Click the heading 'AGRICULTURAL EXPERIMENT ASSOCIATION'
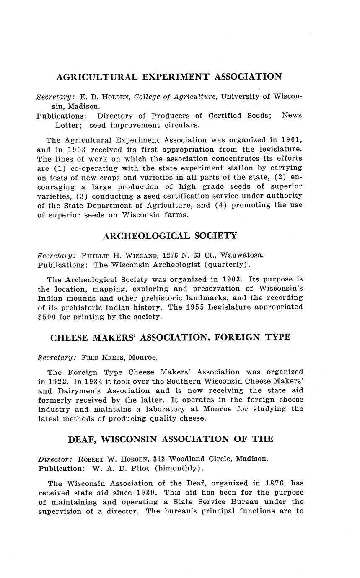pyautogui.click(x=169, y=77)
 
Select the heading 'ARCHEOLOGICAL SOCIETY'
pyautogui.click(x=170, y=236)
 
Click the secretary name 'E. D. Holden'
pyautogui.click(x=105, y=97)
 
